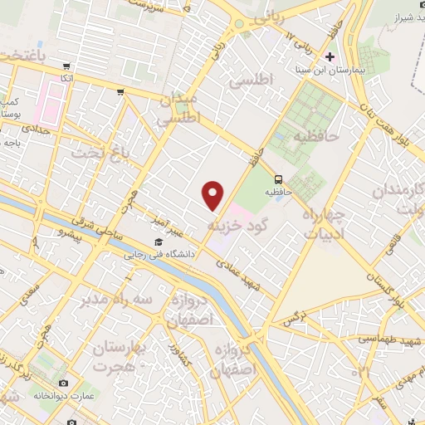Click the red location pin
pos(213,195)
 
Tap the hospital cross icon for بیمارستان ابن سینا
pos(330,57)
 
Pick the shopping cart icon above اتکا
pos(67,66)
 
